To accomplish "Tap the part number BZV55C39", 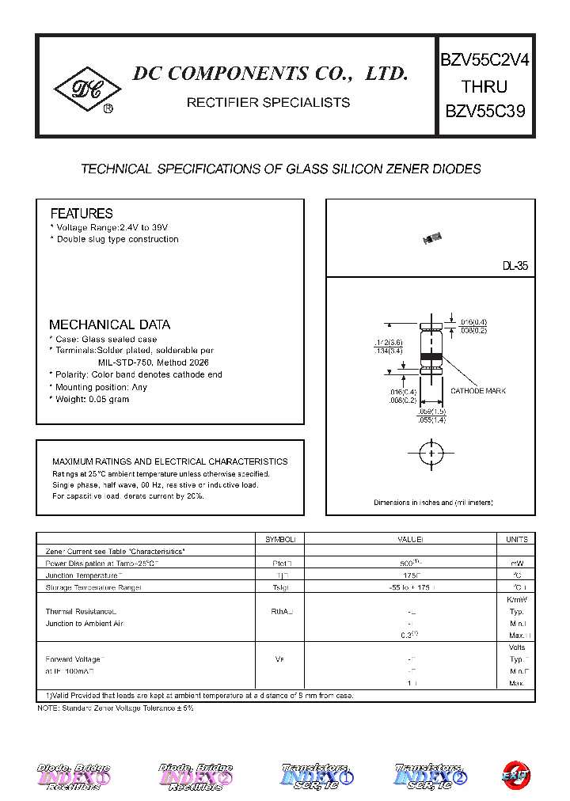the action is tap(484, 112).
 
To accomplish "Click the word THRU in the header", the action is tap(484, 86).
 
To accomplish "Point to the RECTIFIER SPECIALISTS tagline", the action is tap(268, 102).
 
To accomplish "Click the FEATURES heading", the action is tap(82, 214).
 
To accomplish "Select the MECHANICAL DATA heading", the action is tap(109, 325).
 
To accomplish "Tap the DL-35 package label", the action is tap(515, 267).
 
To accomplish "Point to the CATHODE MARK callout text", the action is tap(478, 391).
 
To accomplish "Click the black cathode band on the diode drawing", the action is tap(431, 357).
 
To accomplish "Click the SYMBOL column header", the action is tap(280, 539).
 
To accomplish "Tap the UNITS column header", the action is tap(516, 539).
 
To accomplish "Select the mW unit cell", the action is tap(516, 563).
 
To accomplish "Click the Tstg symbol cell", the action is tap(280, 587).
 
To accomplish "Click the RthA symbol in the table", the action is tap(280, 612).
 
